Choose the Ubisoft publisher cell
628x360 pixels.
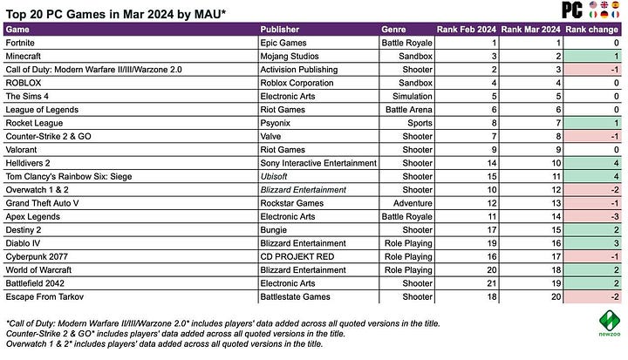(276, 176)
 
